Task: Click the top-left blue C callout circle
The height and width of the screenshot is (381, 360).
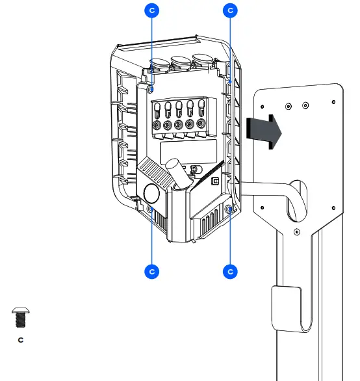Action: [x=151, y=10]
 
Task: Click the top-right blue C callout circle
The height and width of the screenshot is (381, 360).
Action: [x=231, y=10]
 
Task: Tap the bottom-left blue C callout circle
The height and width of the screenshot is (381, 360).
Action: [x=151, y=271]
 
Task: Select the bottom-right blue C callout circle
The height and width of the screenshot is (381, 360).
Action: [x=231, y=271]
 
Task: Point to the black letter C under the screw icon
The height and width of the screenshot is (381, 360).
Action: [x=20, y=339]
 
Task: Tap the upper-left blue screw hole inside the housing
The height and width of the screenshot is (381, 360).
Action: [x=151, y=88]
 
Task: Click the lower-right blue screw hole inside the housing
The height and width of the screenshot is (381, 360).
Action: [x=229, y=209]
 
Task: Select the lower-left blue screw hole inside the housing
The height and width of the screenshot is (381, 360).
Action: [x=151, y=209]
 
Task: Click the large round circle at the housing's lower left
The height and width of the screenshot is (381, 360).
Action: [x=151, y=192]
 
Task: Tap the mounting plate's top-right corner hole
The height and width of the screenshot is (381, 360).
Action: [x=333, y=102]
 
